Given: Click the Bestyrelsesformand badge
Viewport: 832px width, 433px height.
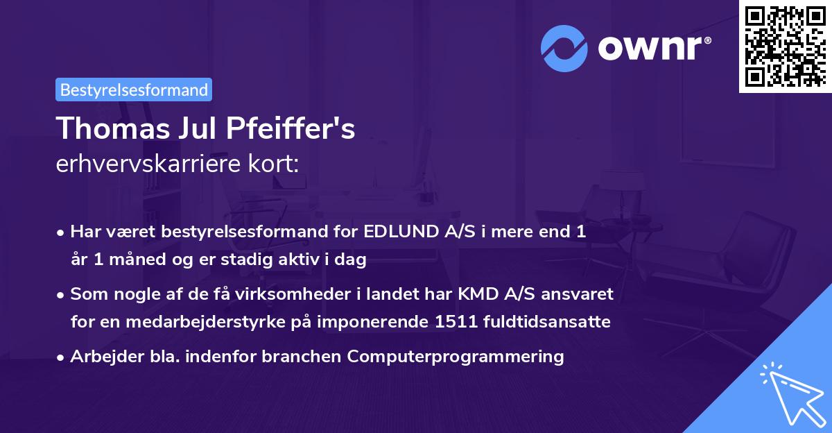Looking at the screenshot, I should click(134, 90).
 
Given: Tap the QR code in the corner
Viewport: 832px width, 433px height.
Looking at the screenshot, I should click(785, 46).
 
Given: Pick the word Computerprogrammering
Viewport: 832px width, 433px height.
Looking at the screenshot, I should click(456, 357).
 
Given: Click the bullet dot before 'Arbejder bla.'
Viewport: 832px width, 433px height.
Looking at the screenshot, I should click(62, 357).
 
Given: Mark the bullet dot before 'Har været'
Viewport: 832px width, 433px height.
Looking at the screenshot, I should click(62, 233).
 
